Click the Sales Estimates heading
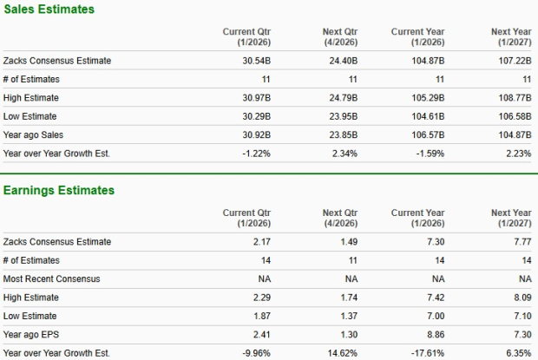[x=49, y=9]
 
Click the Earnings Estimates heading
[x=58, y=190]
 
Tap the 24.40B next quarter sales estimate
[x=339, y=61]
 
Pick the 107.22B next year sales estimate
[x=512, y=61]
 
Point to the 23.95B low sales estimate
[x=340, y=115]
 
